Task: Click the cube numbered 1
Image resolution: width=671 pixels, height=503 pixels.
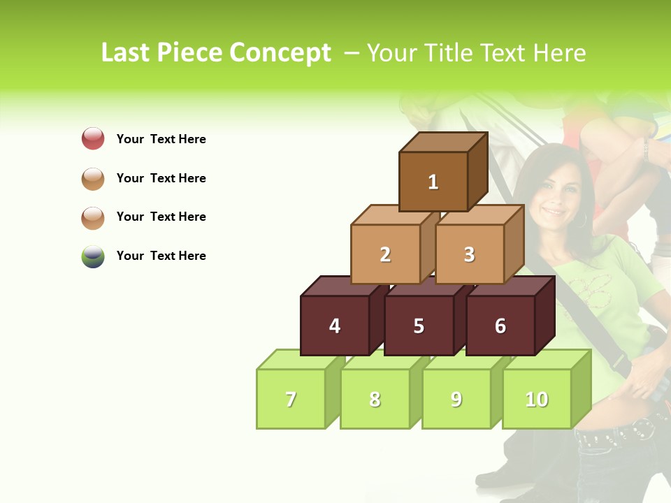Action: click(x=433, y=182)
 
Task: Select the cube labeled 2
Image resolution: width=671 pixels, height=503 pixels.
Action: click(x=385, y=254)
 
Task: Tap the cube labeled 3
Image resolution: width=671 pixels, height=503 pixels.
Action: click(x=469, y=254)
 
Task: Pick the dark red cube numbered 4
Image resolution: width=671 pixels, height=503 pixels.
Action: click(x=335, y=326)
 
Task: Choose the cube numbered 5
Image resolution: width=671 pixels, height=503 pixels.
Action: click(x=419, y=326)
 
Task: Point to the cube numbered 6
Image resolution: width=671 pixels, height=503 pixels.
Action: click(x=500, y=326)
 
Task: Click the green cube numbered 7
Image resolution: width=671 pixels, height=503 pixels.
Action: click(x=291, y=399)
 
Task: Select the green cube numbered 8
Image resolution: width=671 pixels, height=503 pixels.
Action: click(x=375, y=399)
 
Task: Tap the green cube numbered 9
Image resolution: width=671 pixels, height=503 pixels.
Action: click(x=456, y=399)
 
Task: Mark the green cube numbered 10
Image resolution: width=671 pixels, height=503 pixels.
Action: click(x=537, y=399)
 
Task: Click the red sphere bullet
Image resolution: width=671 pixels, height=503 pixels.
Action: click(x=93, y=138)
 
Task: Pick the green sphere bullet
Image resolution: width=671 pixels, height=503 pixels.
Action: click(x=93, y=256)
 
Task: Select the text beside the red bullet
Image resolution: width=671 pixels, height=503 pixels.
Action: click(x=161, y=139)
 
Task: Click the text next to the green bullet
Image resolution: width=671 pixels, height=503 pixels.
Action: click(x=161, y=256)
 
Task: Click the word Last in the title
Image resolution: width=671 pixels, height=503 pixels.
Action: click(x=126, y=53)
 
